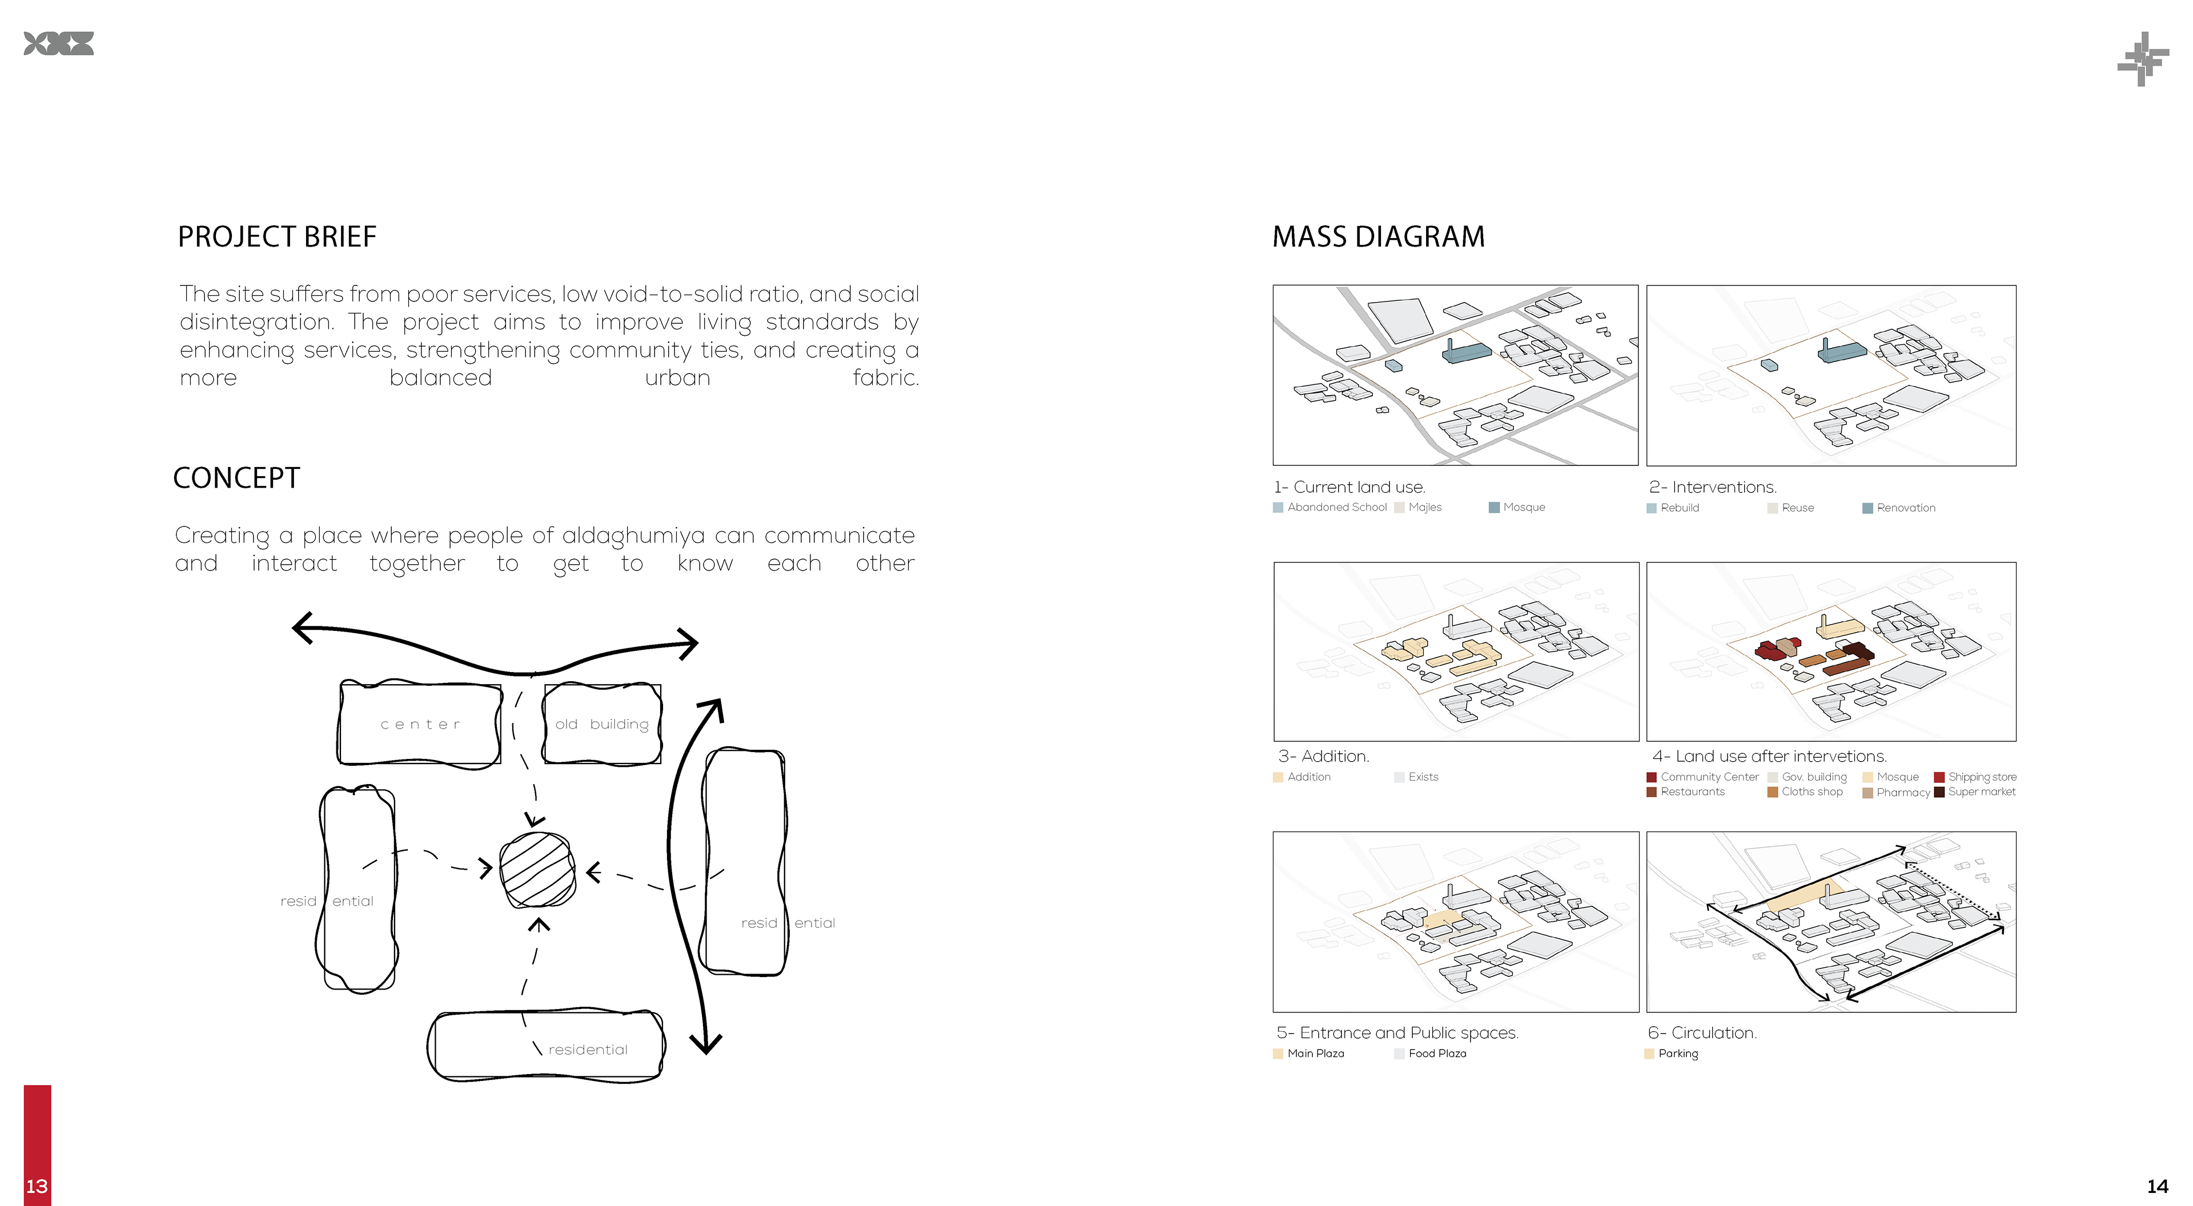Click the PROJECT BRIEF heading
[x=276, y=236]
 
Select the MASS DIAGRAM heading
[x=1377, y=236]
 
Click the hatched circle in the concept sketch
[x=537, y=870]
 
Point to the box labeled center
[x=420, y=724]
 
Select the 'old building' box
[x=602, y=724]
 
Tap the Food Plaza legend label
[x=1437, y=1054]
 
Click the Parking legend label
[x=1677, y=1054]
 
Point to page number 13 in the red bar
[x=37, y=1185]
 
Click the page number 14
[x=2157, y=1185]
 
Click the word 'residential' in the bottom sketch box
[x=588, y=1050]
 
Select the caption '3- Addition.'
[x=1323, y=756]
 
